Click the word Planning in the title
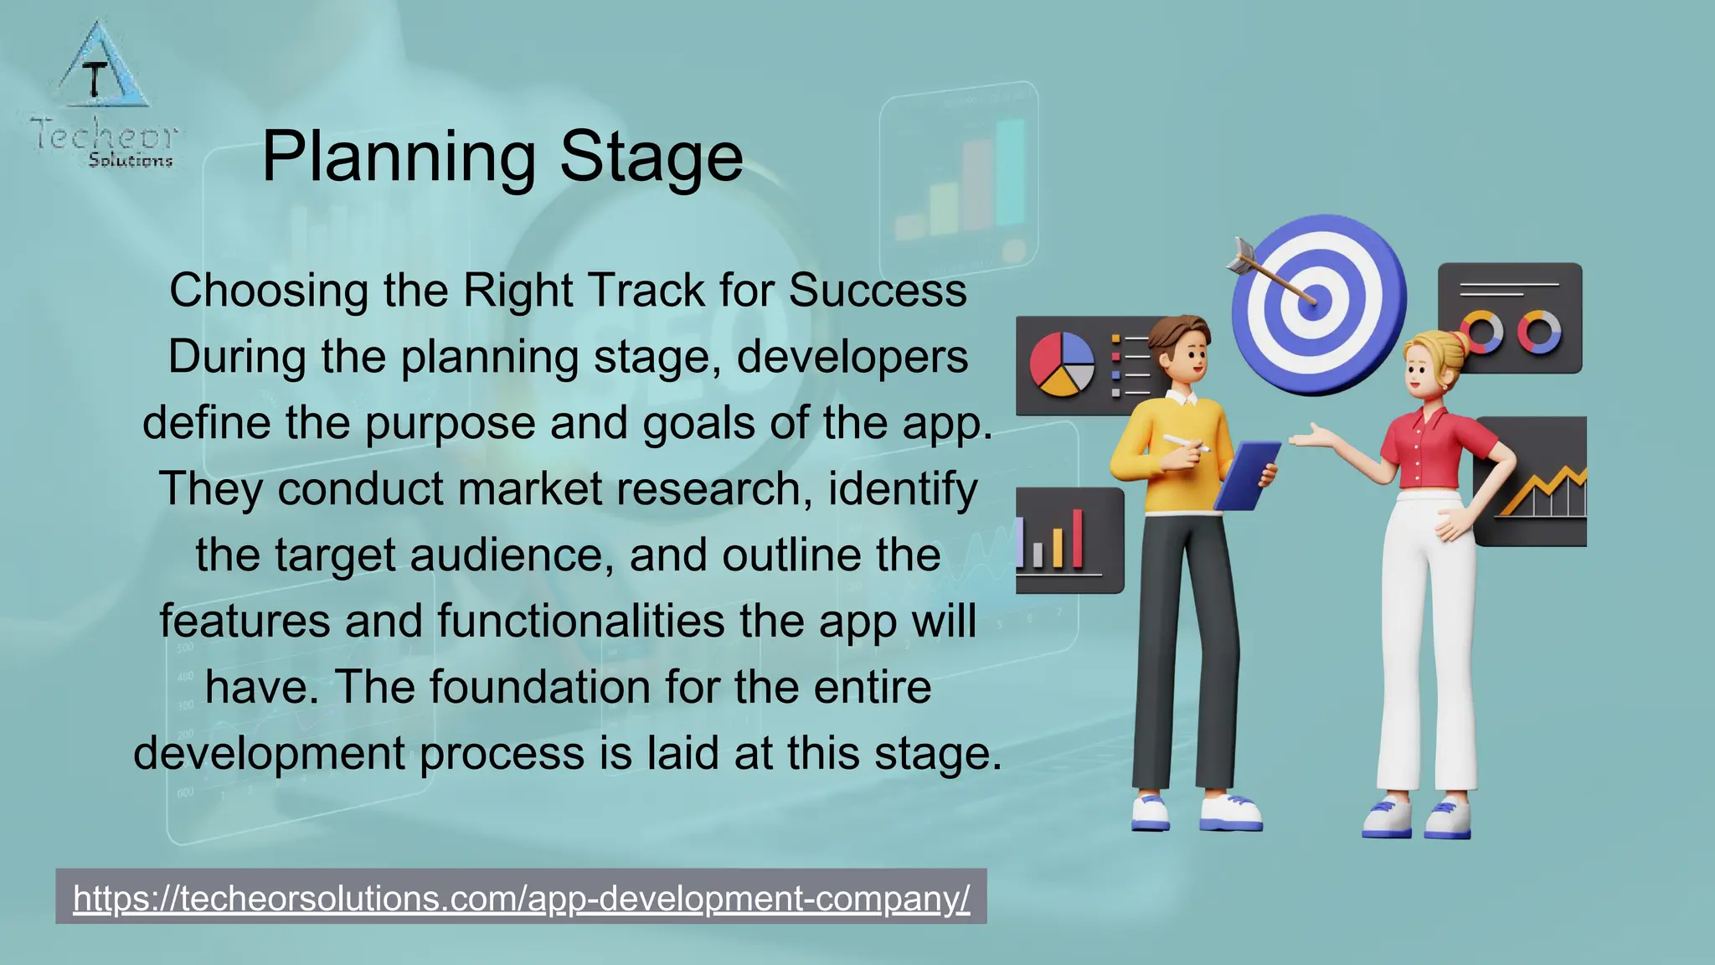pyautogui.click(x=398, y=157)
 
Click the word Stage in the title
pyautogui.click(x=651, y=157)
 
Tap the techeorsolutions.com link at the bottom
pyautogui.click(x=521, y=898)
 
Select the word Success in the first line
pyautogui.click(x=877, y=291)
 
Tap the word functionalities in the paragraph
pyautogui.click(x=580, y=621)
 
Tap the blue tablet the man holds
pyautogui.click(x=1246, y=475)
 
